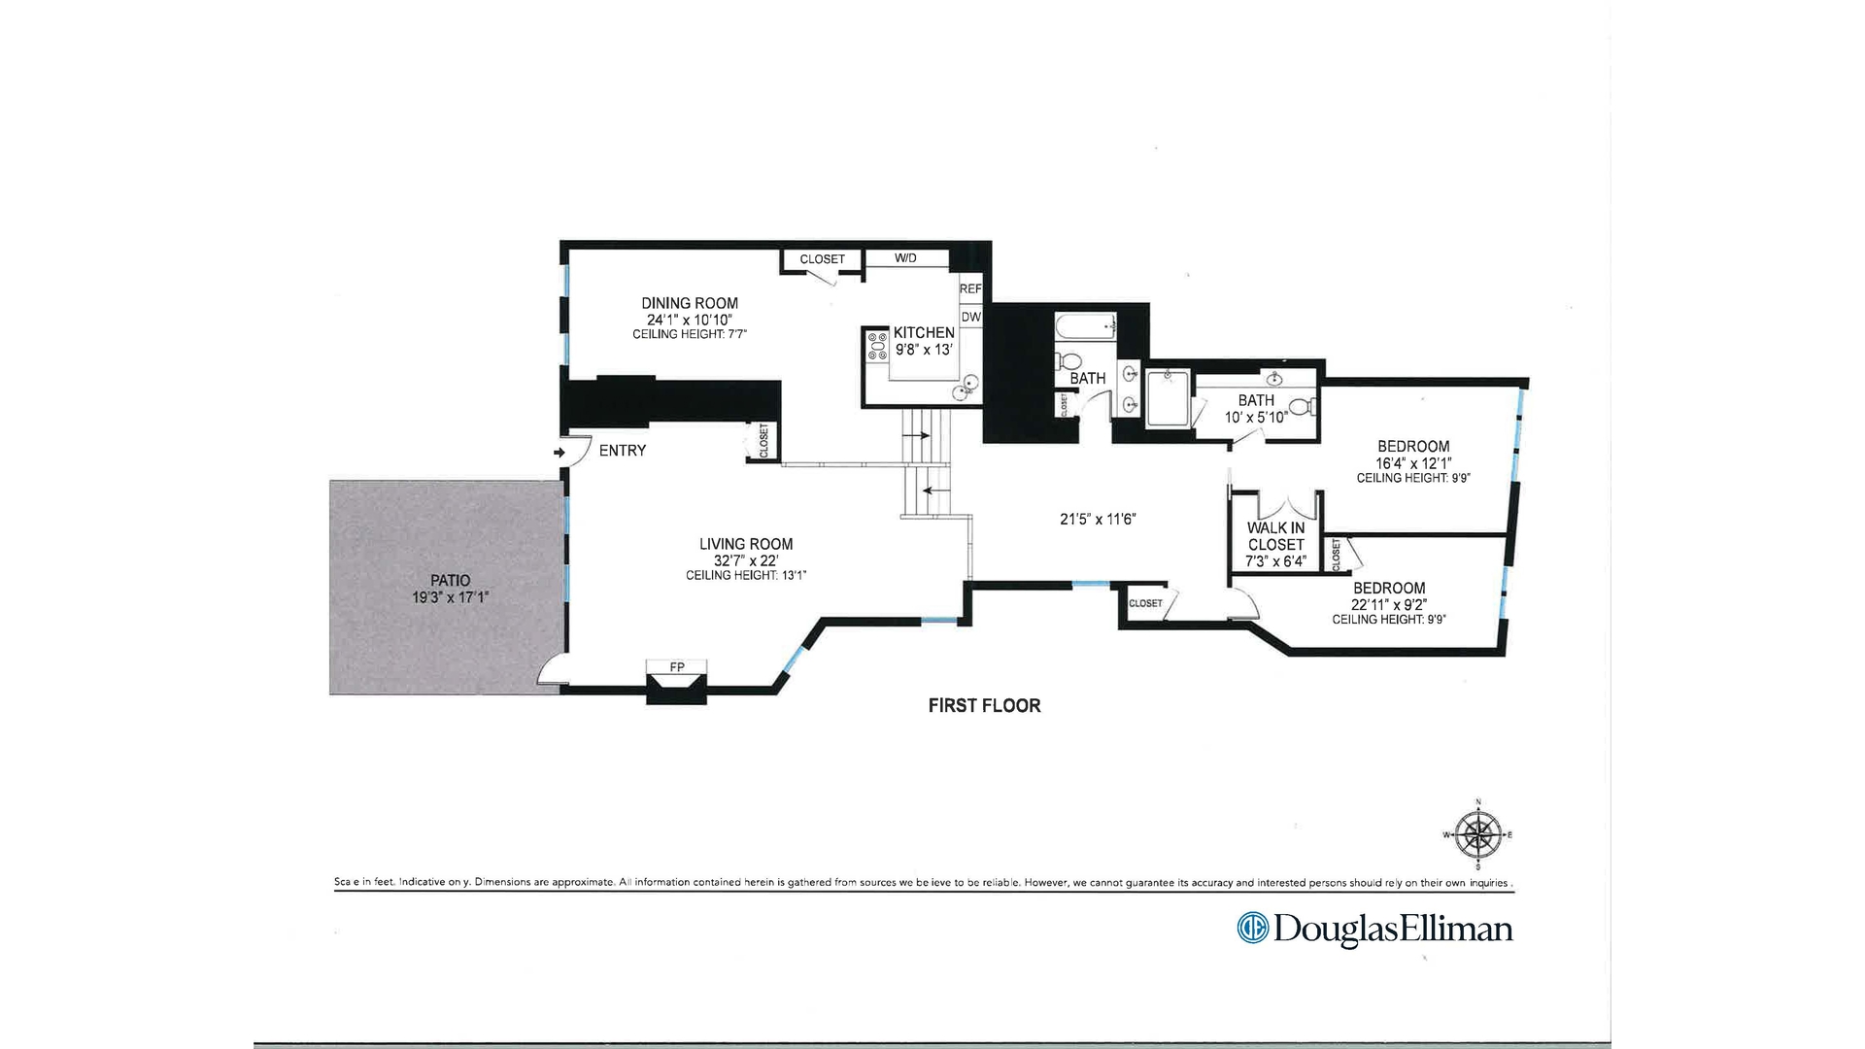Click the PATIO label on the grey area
click(x=450, y=581)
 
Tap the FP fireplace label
click(x=677, y=667)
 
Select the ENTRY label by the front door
click(x=622, y=451)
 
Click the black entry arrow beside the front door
click(x=559, y=453)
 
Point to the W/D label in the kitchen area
click(x=905, y=258)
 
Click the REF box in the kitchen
click(x=970, y=289)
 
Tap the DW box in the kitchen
click(x=970, y=317)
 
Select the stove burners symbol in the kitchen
click(x=877, y=346)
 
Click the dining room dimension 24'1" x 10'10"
click(x=689, y=320)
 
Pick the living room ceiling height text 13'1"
click(x=746, y=576)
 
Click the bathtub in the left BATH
click(x=1086, y=326)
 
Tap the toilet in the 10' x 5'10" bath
click(x=1302, y=407)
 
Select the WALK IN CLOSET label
click(x=1275, y=536)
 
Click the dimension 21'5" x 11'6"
click(x=1098, y=520)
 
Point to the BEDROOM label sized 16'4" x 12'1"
click(x=1413, y=447)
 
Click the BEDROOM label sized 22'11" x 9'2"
click(x=1389, y=588)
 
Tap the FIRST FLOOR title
click(x=984, y=706)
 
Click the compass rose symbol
click(x=1478, y=834)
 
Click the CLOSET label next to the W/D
click(x=822, y=259)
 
